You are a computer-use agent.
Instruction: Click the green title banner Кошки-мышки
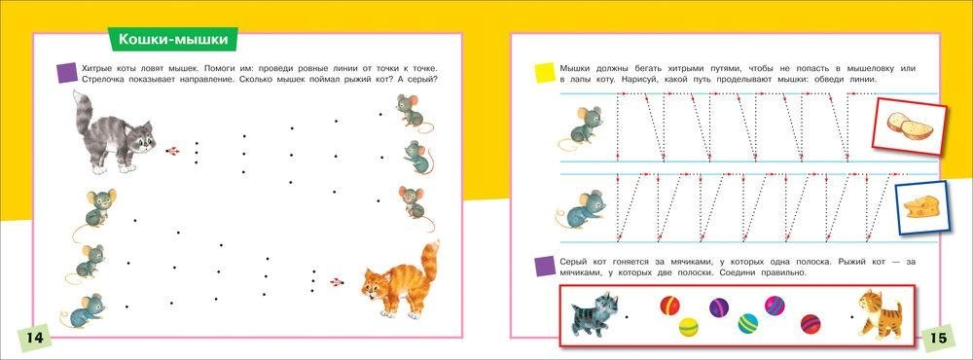tap(172, 40)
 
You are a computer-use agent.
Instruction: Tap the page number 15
tap(939, 339)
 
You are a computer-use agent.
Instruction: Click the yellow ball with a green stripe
tap(688, 327)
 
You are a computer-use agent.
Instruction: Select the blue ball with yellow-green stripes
tap(747, 323)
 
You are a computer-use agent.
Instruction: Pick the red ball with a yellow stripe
tap(669, 306)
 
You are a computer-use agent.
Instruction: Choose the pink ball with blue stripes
tap(775, 306)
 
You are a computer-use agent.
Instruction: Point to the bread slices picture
tap(910, 126)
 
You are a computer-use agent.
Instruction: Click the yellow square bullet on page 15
tap(545, 73)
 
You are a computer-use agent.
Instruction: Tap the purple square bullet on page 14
tap(66, 73)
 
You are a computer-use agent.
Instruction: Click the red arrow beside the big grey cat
tap(173, 151)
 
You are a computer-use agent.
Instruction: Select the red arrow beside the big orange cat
tap(337, 282)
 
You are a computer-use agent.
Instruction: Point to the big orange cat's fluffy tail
tap(429, 264)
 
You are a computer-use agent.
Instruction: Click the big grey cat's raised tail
tap(83, 112)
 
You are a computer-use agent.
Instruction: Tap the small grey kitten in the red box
tap(595, 313)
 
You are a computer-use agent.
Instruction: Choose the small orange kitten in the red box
tap(880, 313)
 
